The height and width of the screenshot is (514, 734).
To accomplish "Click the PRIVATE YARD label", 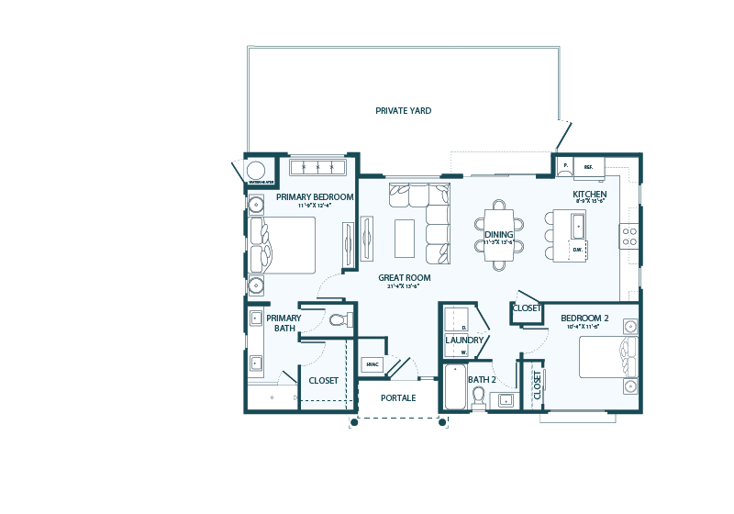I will tap(403, 111).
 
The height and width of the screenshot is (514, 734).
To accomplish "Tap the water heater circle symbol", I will tap(257, 170).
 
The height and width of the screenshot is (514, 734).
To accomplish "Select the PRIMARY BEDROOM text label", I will tap(315, 196).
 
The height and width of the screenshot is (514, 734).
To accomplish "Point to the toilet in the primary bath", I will tap(339, 320).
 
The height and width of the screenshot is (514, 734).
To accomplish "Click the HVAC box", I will tap(372, 364).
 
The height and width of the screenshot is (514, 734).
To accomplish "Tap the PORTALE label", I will tap(399, 397).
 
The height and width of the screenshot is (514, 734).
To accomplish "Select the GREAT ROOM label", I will tap(404, 277).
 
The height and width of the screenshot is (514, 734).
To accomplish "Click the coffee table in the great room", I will tap(405, 238).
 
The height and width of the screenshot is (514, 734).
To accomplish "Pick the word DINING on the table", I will tap(498, 235).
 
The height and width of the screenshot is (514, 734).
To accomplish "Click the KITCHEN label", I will tap(589, 196).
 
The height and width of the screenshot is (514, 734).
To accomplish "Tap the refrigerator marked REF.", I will tap(588, 168).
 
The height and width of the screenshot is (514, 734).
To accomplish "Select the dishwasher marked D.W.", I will tap(577, 250).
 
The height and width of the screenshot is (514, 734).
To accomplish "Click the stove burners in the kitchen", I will tap(629, 236).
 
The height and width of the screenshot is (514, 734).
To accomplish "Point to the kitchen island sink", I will tap(577, 225).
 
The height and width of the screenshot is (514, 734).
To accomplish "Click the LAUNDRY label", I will tap(464, 340).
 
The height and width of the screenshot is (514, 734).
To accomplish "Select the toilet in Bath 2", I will tap(478, 397).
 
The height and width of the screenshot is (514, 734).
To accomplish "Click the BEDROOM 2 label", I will tap(585, 318).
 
